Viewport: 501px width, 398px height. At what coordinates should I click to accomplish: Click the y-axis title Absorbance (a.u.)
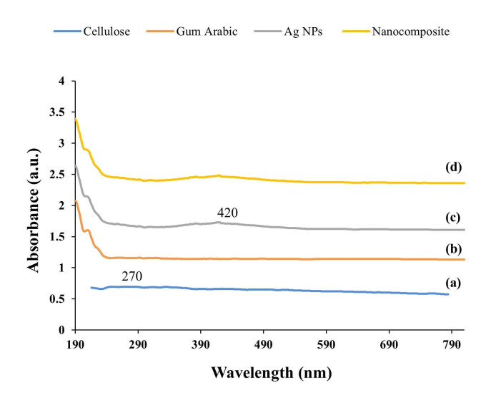(x=33, y=206)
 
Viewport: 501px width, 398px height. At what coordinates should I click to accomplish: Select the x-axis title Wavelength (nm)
(x=271, y=373)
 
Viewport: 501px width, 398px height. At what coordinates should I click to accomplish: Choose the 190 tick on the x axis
(x=75, y=344)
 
